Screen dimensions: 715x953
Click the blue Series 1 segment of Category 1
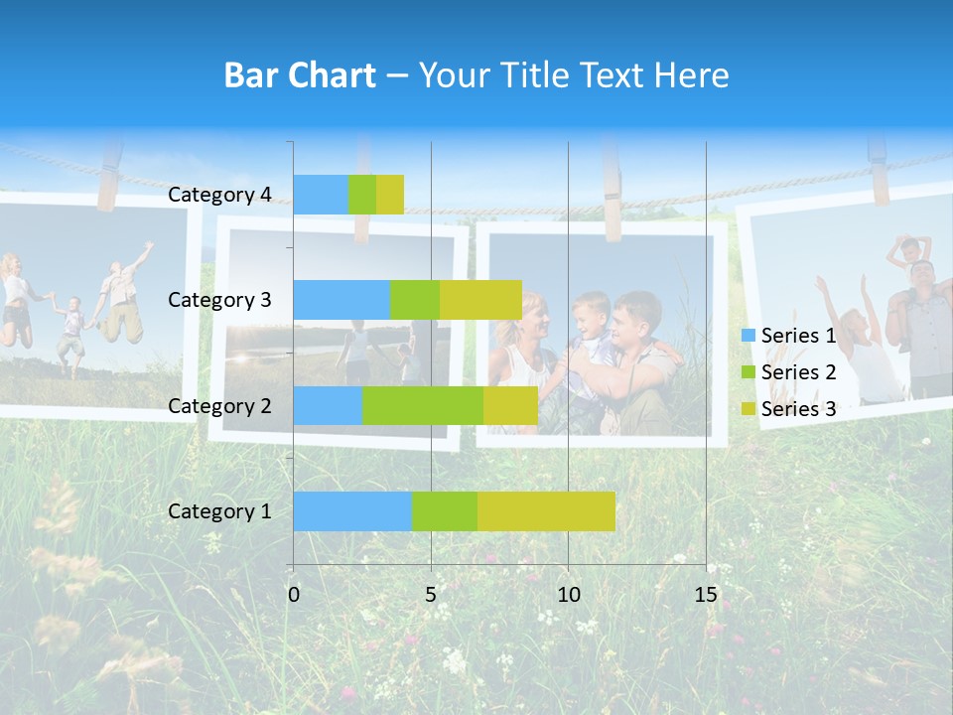[352, 511]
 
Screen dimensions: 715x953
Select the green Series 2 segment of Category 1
[445, 511]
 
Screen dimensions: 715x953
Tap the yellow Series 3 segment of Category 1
[546, 511]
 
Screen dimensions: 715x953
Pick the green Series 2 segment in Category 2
[423, 405]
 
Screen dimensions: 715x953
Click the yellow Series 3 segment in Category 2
[510, 405]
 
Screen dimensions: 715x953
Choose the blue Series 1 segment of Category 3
[341, 300]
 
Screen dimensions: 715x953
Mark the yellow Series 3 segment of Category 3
[480, 300]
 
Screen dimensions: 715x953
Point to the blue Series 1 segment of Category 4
[321, 195]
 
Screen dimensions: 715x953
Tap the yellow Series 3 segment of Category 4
[390, 195]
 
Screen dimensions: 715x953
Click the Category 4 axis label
[219, 195]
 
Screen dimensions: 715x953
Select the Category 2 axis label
[219, 405]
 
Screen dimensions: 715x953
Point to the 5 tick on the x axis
[431, 595]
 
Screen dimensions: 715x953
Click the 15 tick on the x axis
[706, 595]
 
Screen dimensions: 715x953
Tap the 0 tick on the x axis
[294, 595]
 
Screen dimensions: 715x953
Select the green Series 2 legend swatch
[749, 372]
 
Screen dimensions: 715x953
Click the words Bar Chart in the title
[300, 75]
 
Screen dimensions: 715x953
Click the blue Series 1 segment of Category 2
[328, 405]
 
